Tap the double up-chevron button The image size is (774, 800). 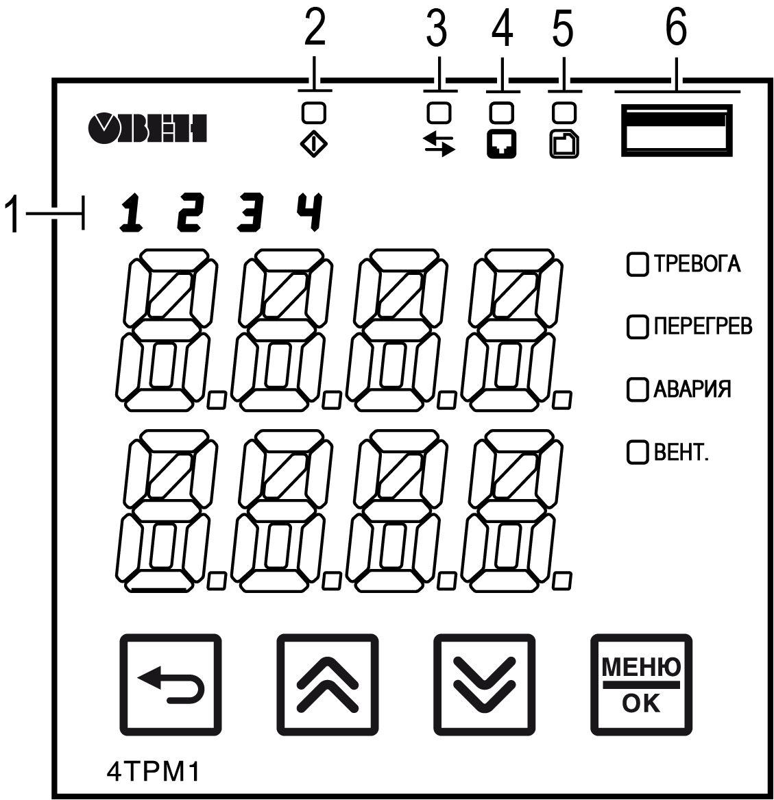(x=327, y=685)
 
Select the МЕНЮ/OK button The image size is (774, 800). (x=641, y=685)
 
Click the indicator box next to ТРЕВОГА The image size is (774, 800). (x=637, y=265)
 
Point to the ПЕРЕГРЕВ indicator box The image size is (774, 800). (x=637, y=327)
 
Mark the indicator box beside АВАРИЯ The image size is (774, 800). (x=637, y=389)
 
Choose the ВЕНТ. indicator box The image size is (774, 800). (x=637, y=452)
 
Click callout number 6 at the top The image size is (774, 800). (x=676, y=28)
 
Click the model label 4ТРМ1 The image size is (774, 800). (x=153, y=772)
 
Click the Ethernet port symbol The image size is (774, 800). (x=502, y=145)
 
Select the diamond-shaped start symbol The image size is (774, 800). (x=313, y=145)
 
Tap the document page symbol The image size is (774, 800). (x=564, y=145)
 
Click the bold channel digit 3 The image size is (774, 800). (x=250, y=213)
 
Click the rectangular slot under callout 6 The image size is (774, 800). (x=677, y=130)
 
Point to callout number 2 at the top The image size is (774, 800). (x=314, y=28)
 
